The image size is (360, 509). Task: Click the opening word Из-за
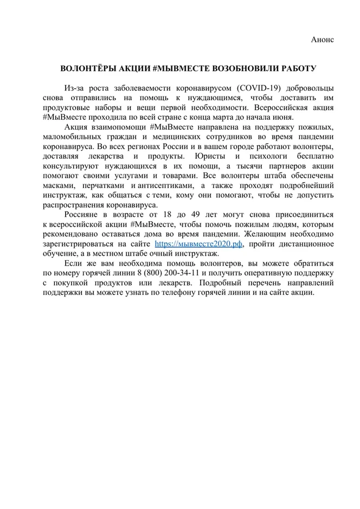73,88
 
